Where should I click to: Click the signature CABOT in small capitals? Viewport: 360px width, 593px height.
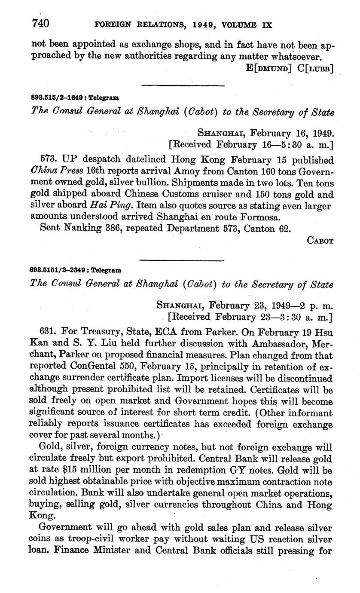click(320, 241)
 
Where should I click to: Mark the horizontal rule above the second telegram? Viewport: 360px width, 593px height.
click(183, 260)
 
